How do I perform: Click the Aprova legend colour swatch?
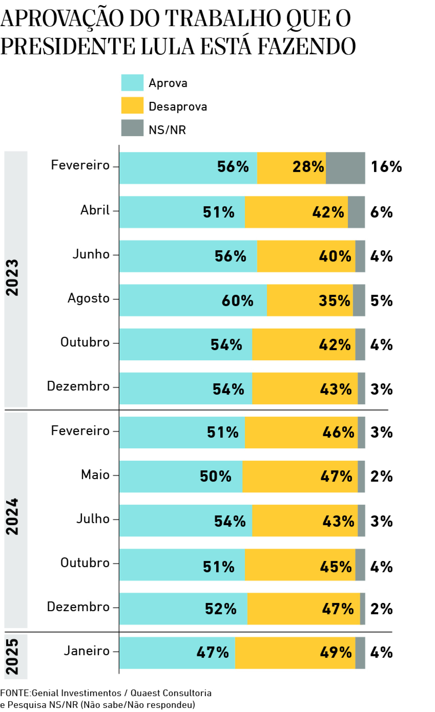132,83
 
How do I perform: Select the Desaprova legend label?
178,106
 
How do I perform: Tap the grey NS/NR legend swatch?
132,128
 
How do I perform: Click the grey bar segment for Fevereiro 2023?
345,168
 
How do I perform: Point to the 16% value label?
386,167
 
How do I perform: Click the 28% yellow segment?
308,167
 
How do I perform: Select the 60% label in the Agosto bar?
237,301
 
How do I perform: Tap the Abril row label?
95,210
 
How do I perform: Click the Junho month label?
91,254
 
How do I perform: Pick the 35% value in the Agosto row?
334,301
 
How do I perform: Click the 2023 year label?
12,277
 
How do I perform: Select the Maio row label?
95,475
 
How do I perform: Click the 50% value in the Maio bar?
215,476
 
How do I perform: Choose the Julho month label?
93,519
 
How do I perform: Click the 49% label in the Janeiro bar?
336,652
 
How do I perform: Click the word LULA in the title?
168,46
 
